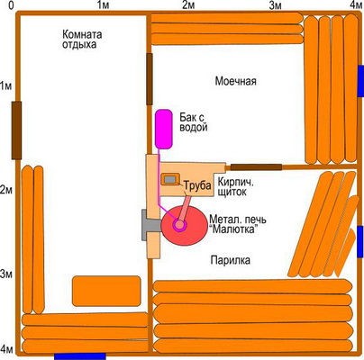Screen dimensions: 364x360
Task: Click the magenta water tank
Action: pyautogui.click(x=164, y=129)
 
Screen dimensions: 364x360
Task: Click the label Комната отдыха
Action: pyautogui.click(x=82, y=40)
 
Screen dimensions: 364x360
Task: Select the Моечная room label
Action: pyautogui.click(x=236, y=81)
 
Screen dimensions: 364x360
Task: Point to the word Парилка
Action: pyautogui.click(x=230, y=260)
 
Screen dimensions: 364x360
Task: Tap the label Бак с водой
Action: pyautogui.click(x=194, y=122)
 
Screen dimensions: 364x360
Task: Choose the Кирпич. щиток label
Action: pyautogui.click(x=236, y=186)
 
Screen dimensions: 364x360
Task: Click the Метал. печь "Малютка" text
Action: pyautogui.click(x=238, y=224)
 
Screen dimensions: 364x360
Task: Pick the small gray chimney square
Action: pyautogui.click(x=170, y=179)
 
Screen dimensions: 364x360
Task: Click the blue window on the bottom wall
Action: pyautogui.click(x=80, y=356)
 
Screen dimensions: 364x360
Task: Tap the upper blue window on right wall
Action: pyautogui.click(x=360, y=81)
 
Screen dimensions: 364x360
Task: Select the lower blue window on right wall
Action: pyautogui.click(x=360, y=242)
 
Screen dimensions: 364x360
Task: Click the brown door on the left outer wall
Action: pyautogui.click(x=16, y=130)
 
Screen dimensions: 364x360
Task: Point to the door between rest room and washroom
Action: pyautogui.click(x=150, y=79)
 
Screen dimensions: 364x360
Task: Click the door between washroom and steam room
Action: pyautogui.click(x=256, y=167)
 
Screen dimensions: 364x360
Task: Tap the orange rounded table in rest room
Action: pyautogui.click(x=106, y=291)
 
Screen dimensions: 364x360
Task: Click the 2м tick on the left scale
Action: pyautogui.click(x=6, y=190)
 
